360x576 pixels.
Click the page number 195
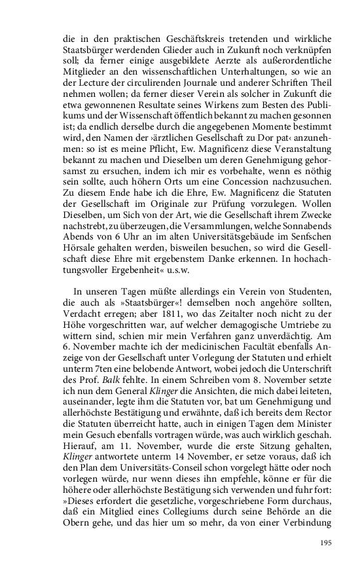(325, 543)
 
